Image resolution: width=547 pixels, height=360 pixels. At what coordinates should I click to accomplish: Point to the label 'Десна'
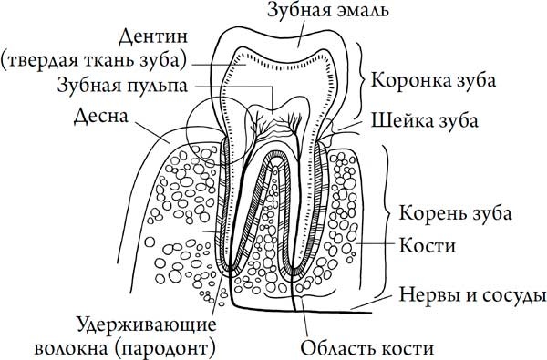pyautogui.click(x=101, y=117)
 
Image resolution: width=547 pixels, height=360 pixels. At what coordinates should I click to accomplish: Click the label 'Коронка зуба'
pyautogui.click(x=434, y=79)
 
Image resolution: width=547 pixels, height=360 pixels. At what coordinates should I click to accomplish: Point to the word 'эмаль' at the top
pyautogui.click(x=364, y=12)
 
